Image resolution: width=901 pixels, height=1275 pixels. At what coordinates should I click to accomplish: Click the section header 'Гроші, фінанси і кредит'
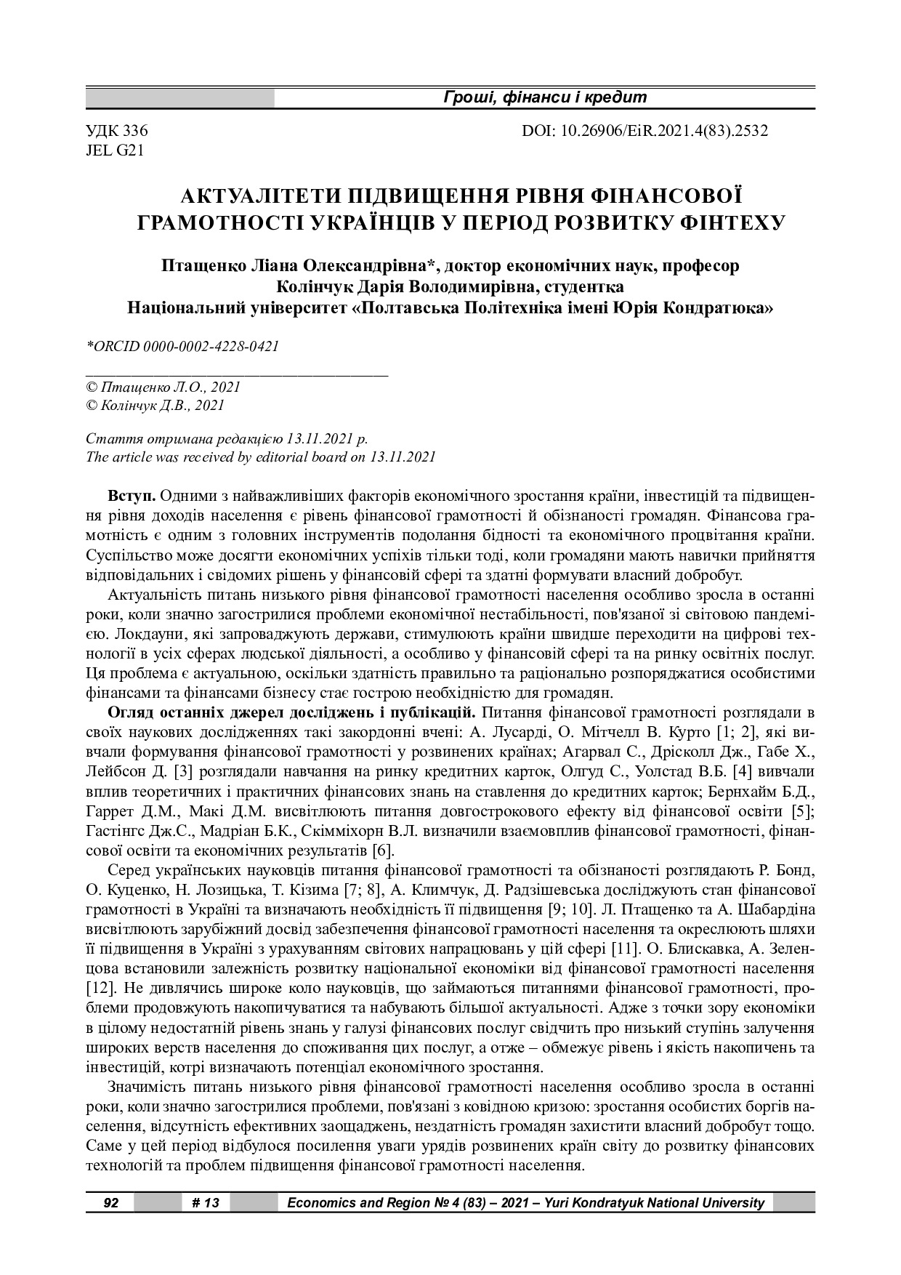point(544,97)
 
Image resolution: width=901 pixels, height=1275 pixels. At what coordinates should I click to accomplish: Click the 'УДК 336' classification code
point(117,132)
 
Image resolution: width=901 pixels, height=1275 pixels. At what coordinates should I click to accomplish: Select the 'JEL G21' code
point(115,150)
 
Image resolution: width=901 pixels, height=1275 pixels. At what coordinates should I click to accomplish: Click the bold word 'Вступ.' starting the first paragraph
point(132,496)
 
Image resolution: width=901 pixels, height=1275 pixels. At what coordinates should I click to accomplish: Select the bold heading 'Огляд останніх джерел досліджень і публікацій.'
point(292,711)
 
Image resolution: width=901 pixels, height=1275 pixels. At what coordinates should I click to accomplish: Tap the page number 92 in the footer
point(110,1203)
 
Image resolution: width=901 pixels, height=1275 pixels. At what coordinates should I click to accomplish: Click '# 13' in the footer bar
point(206,1203)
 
